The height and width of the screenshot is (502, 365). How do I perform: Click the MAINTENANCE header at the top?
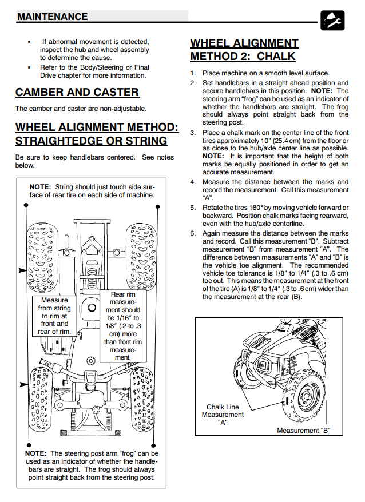pyautogui.click(x=53, y=17)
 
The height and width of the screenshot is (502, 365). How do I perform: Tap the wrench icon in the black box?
pyautogui.click(x=332, y=21)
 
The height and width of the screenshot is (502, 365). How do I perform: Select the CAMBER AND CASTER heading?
pyautogui.click(x=77, y=93)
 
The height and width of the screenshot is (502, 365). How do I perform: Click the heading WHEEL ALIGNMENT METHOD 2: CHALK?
pyautogui.click(x=244, y=50)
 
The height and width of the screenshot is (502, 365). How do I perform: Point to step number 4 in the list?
pyautogui.click(x=193, y=182)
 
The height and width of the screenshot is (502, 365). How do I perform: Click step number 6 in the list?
pyautogui.click(x=193, y=233)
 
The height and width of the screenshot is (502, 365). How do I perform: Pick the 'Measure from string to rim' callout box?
pyautogui.click(x=55, y=316)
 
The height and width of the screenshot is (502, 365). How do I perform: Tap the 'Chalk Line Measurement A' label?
pyautogui.click(x=223, y=415)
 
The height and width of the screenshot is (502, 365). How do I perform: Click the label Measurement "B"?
pyautogui.click(x=304, y=431)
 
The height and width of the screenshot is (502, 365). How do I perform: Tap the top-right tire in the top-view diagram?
pyautogui.click(x=141, y=252)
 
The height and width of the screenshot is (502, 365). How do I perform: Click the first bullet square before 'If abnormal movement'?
pyautogui.click(x=29, y=42)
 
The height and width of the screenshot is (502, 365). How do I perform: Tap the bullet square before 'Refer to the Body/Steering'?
pyautogui.click(x=29, y=67)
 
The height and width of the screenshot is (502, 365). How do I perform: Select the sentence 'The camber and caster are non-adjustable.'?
pyautogui.click(x=81, y=109)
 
